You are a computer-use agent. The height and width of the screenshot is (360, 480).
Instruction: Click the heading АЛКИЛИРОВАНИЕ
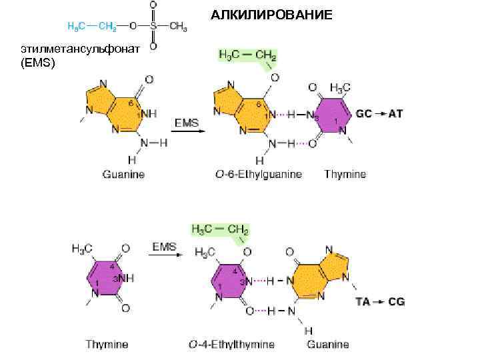point(272,15)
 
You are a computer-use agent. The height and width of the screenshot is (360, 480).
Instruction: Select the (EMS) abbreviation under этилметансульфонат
point(38,63)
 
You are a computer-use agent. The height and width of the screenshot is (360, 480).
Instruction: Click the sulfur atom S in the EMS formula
point(153,26)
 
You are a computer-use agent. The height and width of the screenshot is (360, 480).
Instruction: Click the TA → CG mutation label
point(380,302)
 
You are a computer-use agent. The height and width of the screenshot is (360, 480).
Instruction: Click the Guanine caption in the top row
point(123,175)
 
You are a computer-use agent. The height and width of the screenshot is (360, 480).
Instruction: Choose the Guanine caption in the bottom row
point(328,345)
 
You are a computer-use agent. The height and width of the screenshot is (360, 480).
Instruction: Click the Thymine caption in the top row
point(345,175)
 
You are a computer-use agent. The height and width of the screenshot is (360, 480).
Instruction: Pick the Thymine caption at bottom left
point(107,345)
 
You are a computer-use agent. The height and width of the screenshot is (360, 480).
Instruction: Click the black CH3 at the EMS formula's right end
point(178,26)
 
